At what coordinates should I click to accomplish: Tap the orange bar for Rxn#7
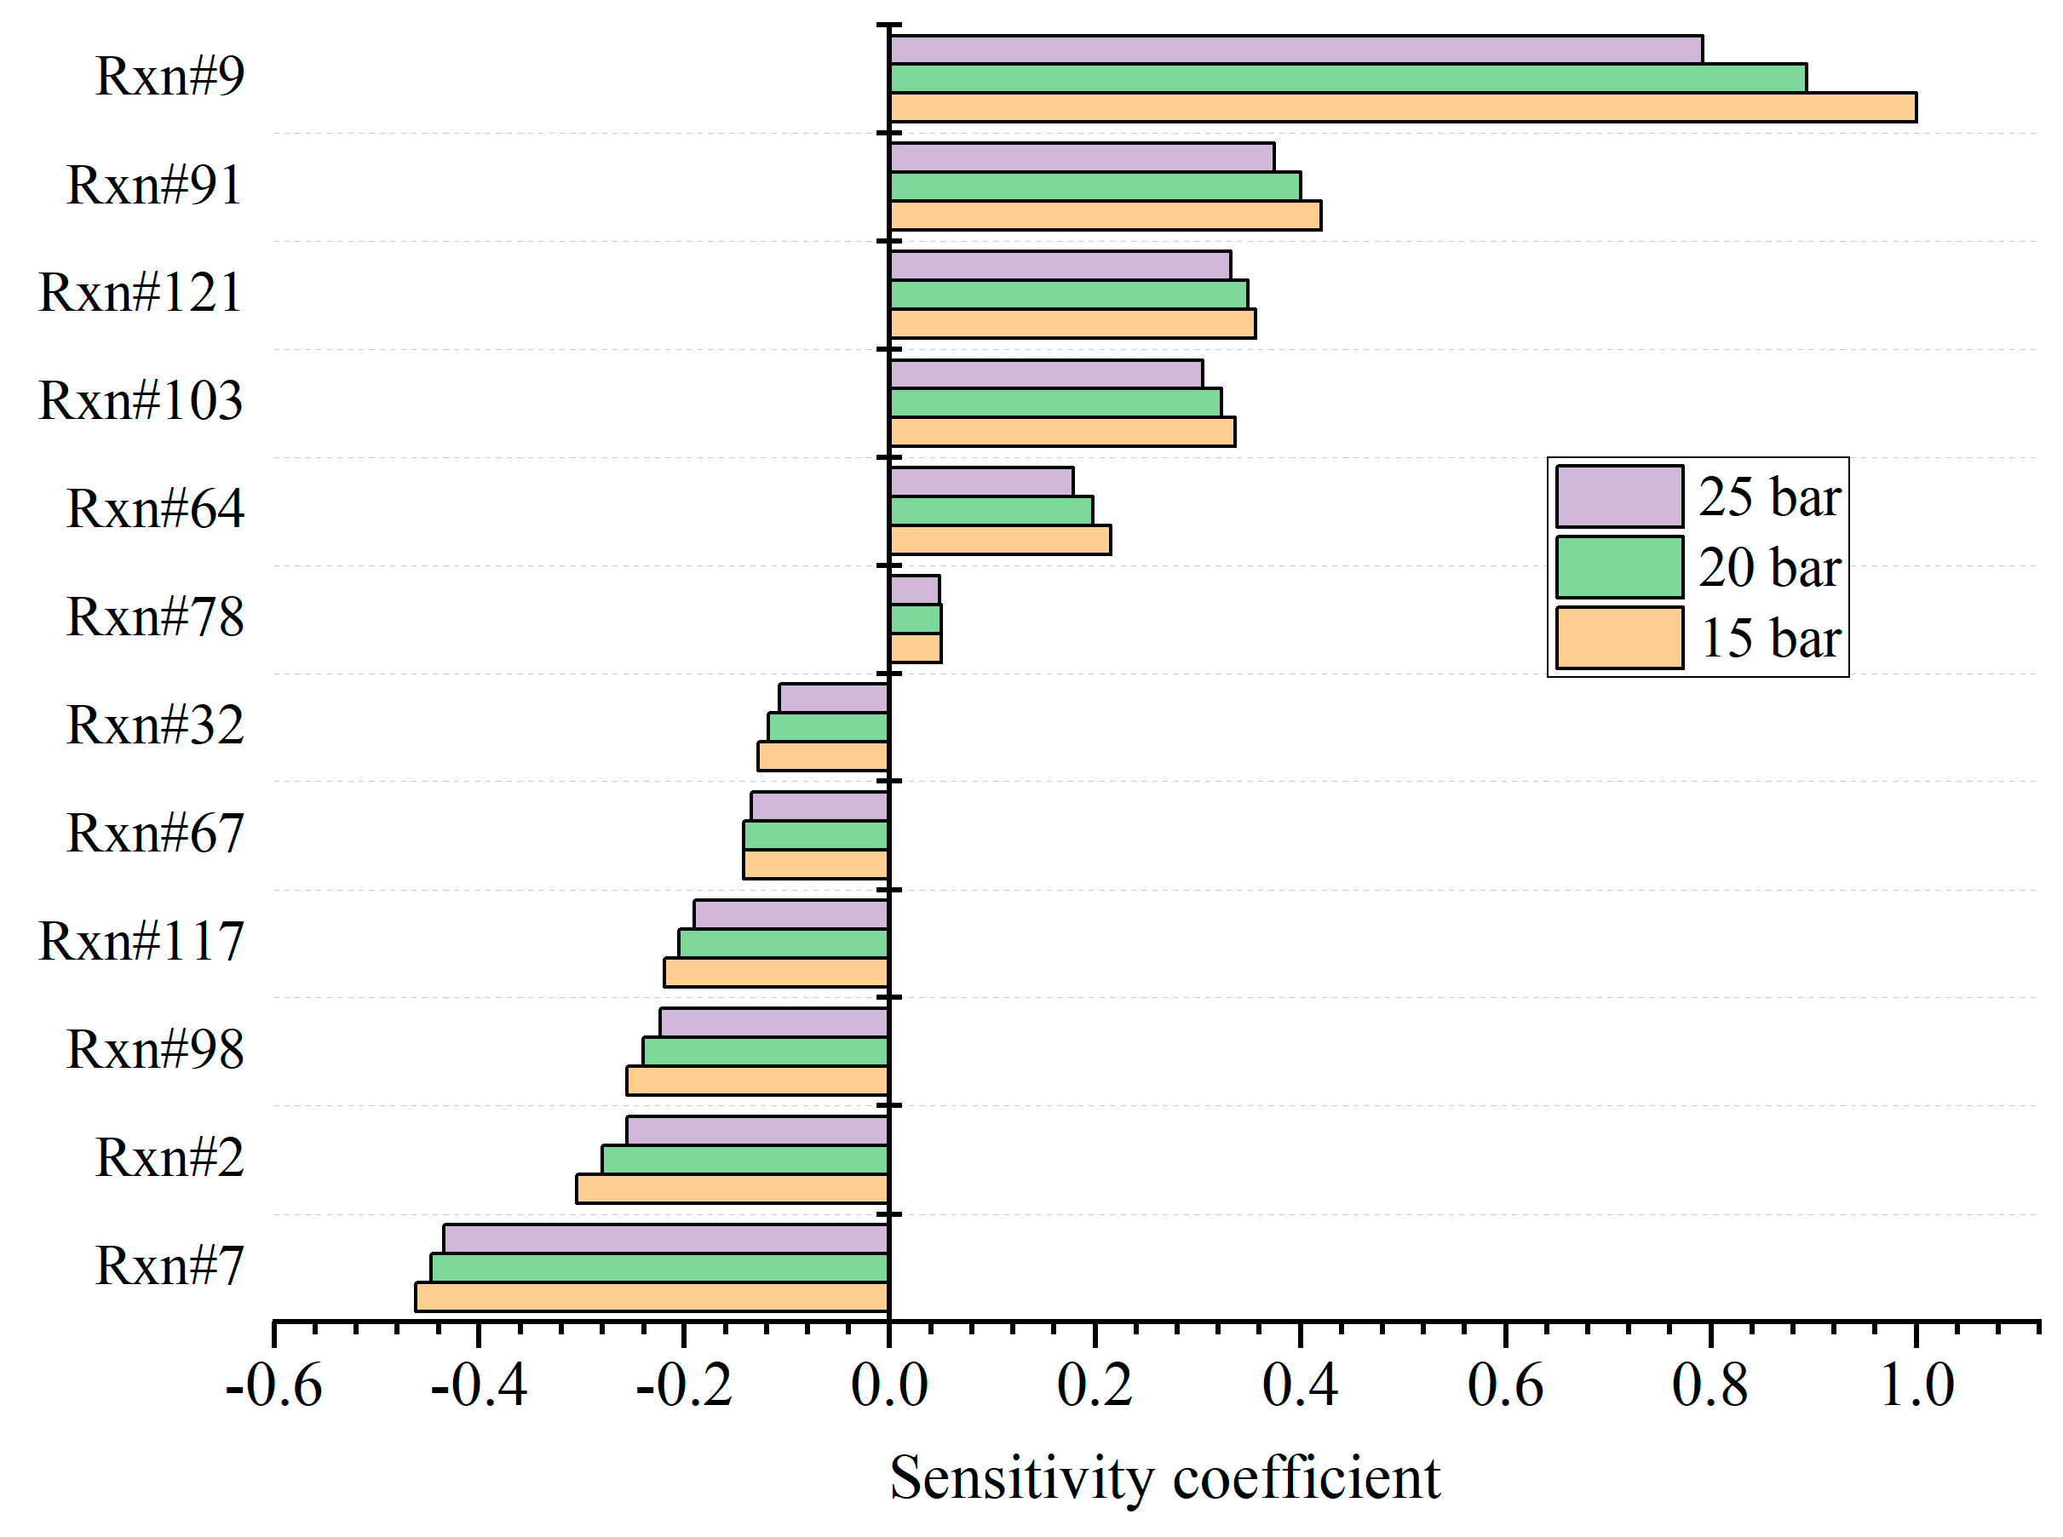[652, 1296]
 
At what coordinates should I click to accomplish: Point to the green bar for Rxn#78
[915, 619]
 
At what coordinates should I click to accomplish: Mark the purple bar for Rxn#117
[790, 914]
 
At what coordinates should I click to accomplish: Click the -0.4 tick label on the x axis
[479, 1385]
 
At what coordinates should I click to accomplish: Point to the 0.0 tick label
[888, 1385]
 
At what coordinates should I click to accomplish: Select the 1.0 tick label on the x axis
[1916, 1385]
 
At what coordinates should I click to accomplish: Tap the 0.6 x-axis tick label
[1505, 1385]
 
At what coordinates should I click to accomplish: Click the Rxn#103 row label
[141, 401]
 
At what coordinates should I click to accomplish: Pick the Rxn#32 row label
[154, 725]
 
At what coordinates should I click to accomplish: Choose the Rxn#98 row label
[154, 1049]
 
